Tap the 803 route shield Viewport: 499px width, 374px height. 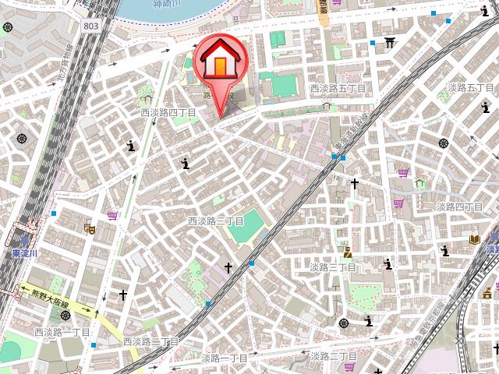click(x=92, y=26)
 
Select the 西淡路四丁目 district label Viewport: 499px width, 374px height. click(x=168, y=113)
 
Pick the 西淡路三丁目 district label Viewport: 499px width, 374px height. click(x=216, y=221)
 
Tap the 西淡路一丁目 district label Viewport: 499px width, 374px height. click(x=62, y=333)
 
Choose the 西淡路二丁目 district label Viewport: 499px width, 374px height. click(x=150, y=341)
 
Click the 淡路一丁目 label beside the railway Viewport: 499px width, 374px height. click(x=225, y=358)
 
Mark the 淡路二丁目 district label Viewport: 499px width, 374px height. click(x=333, y=356)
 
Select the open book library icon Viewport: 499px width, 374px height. click(x=474, y=238)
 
